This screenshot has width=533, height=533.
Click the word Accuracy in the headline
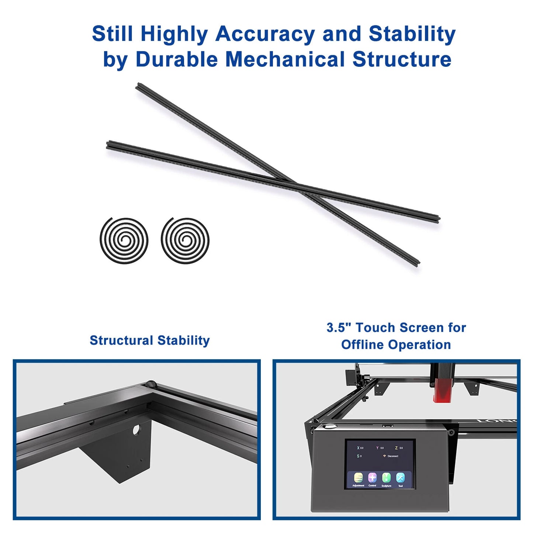(x=264, y=34)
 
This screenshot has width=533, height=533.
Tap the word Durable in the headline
(x=177, y=59)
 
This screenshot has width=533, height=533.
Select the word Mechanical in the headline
(x=285, y=59)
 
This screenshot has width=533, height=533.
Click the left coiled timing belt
(x=124, y=240)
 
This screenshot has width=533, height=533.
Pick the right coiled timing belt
(x=185, y=240)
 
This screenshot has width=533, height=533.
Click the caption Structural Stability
(x=149, y=340)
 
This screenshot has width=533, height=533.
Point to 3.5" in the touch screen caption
(x=338, y=328)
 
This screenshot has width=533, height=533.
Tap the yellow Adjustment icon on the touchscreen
(x=358, y=478)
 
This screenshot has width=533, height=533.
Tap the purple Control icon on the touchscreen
(x=372, y=478)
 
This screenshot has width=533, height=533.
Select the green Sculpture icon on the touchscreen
(x=386, y=478)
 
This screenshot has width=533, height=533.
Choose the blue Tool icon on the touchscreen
(x=400, y=478)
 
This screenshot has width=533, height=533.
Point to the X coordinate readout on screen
(x=360, y=448)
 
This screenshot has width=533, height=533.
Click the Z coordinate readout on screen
(x=398, y=448)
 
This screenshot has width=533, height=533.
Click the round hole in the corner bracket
(x=136, y=430)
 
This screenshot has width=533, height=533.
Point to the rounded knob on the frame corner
(x=150, y=384)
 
